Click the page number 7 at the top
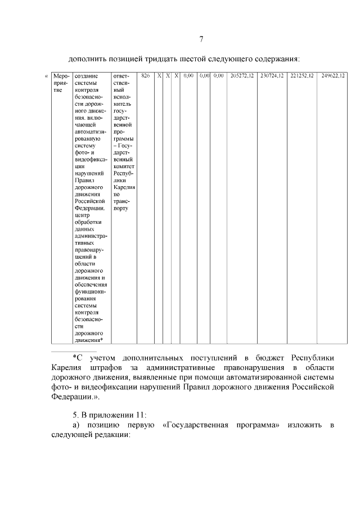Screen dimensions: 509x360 tap(201, 39)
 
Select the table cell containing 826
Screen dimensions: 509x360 tap(145, 75)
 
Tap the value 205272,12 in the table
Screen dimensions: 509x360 tap(242, 75)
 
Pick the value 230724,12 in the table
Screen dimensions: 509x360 tap(272, 75)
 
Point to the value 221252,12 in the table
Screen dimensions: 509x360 tap(301, 75)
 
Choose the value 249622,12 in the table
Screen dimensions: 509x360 tap(332, 75)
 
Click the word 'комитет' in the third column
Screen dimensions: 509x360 tap(123, 166)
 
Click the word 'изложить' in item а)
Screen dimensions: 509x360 tap(303, 425)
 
